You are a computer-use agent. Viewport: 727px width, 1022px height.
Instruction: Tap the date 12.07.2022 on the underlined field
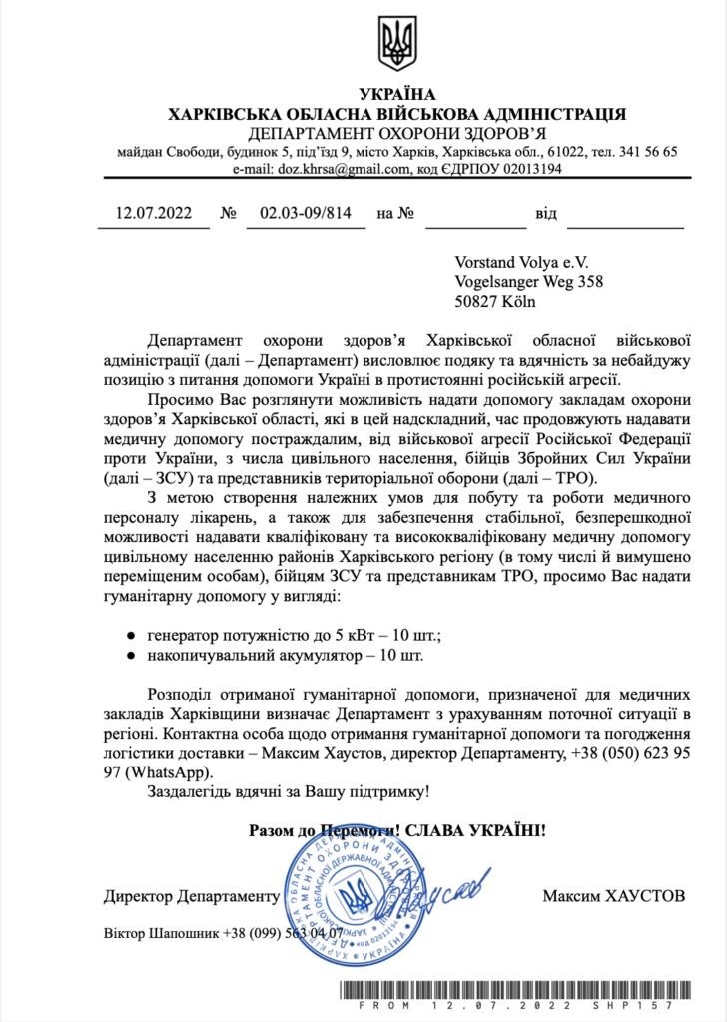coord(153,213)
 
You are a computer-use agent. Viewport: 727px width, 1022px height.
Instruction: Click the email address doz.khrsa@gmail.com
coord(336,170)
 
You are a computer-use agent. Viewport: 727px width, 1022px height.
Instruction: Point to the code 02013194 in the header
coord(529,170)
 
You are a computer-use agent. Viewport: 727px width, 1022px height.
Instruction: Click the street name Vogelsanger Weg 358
coord(528,282)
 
